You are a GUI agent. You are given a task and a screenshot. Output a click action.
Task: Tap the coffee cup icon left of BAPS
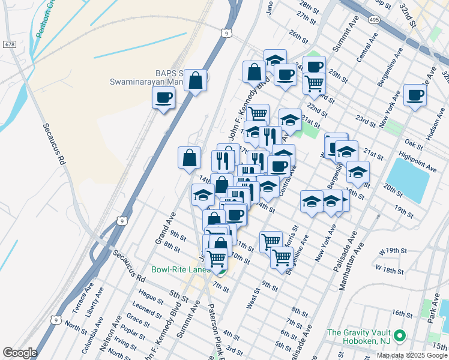click(x=163, y=98)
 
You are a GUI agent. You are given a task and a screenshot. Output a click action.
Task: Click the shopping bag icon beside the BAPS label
click(x=196, y=80)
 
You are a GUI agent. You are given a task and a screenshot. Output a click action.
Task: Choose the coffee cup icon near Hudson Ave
click(x=415, y=95)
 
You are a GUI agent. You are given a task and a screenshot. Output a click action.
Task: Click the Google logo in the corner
click(x=20, y=353)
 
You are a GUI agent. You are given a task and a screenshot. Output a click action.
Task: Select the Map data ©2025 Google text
click(x=412, y=355)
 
